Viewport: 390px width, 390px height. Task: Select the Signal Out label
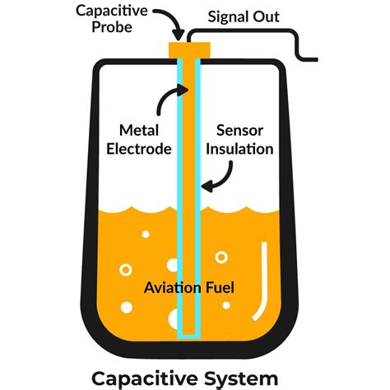pyautogui.click(x=244, y=16)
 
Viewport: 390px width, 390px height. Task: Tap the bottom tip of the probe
pyautogui.click(x=190, y=336)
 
